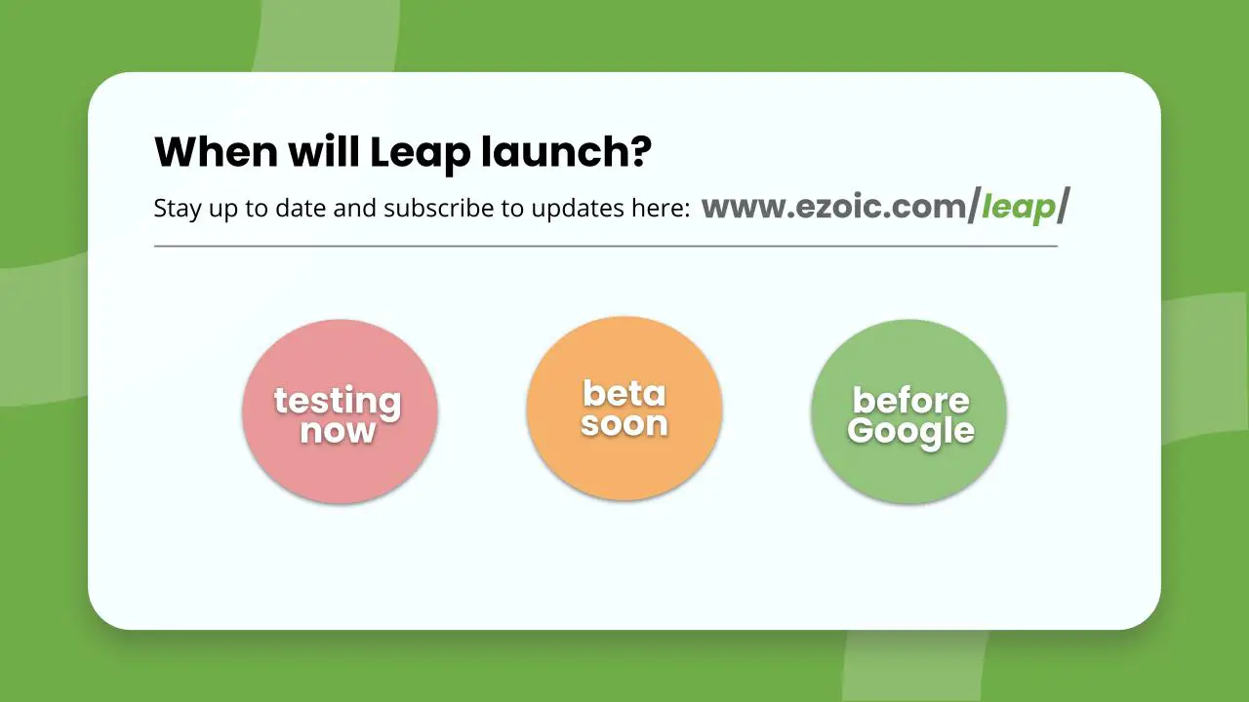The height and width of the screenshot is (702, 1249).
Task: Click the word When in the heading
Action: (216, 151)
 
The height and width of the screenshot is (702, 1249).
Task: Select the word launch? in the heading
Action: (567, 151)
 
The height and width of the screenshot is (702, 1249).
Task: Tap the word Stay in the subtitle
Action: (178, 210)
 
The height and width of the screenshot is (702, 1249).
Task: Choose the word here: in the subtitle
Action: (662, 208)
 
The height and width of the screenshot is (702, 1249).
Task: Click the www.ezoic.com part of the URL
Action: (834, 207)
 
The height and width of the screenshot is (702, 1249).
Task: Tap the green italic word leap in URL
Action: (1019, 209)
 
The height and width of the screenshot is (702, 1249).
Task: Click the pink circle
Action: (341, 411)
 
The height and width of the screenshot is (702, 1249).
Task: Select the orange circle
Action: (624, 409)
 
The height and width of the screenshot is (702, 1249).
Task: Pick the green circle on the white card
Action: (908, 411)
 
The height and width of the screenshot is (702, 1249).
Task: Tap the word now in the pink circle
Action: (338, 431)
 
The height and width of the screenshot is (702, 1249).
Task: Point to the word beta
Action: (624, 394)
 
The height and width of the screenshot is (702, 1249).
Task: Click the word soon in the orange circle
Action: (624, 424)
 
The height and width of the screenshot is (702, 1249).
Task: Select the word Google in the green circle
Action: (911, 432)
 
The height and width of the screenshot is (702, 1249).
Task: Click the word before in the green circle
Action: (911, 400)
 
